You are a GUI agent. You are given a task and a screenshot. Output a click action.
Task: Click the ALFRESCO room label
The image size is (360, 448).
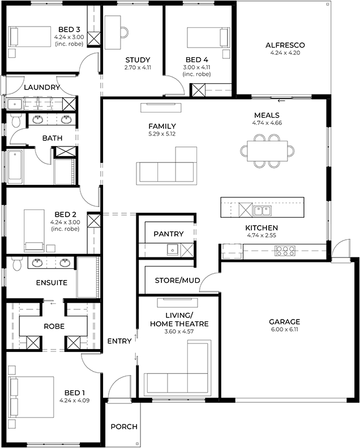point(285,45)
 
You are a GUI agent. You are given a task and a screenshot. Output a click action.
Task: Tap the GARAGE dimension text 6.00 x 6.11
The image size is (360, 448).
point(284,329)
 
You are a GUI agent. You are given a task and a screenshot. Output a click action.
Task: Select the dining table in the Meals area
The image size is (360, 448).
point(267,151)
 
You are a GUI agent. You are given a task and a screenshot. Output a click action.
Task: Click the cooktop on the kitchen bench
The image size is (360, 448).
point(285,251)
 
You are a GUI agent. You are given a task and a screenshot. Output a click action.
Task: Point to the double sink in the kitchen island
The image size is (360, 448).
point(262,210)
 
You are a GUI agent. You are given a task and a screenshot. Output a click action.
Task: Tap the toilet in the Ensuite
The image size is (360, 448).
point(17,264)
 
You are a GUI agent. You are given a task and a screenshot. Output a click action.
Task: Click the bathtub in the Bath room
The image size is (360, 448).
point(16,167)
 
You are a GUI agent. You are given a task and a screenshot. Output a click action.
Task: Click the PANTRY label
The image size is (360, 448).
point(169,234)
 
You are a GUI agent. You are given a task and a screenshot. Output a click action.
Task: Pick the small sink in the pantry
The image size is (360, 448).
point(173,249)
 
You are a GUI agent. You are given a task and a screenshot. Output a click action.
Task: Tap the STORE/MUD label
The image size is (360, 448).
point(177,281)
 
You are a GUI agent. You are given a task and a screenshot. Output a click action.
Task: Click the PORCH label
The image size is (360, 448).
point(124,427)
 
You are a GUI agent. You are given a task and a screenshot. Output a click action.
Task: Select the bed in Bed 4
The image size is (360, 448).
point(208,37)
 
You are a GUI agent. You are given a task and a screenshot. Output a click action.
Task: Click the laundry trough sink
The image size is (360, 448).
point(14,104)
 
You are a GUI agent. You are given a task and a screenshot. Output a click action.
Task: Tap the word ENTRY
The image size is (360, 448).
point(119,341)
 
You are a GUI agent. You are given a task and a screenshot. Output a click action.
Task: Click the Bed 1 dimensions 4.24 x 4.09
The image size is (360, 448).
point(74,400)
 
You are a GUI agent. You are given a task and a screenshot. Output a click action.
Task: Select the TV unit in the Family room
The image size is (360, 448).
point(161,107)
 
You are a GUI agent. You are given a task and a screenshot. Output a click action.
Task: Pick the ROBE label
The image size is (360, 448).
point(54,326)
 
